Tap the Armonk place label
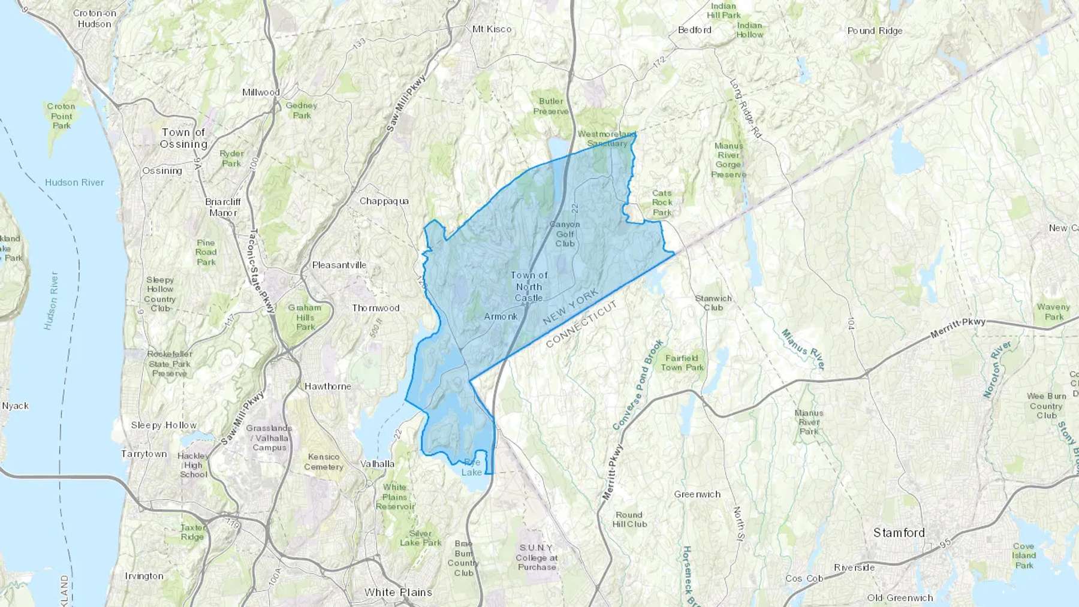[501, 316]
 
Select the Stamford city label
[899, 533]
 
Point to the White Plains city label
[398, 592]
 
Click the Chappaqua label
[384, 201]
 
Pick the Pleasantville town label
[339, 265]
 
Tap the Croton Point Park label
[61, 116]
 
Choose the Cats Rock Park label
[662, 203]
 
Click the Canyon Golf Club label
[565, 234]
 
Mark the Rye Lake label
[472, 467]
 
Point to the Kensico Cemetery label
[323, 461]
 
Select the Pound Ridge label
[875, 31]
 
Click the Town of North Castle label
[529, 286]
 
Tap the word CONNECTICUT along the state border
[581, 324]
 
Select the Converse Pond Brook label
[638, 385]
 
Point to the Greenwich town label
[697, 494]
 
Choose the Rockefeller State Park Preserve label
[170, 363]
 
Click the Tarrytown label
[144, 454]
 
